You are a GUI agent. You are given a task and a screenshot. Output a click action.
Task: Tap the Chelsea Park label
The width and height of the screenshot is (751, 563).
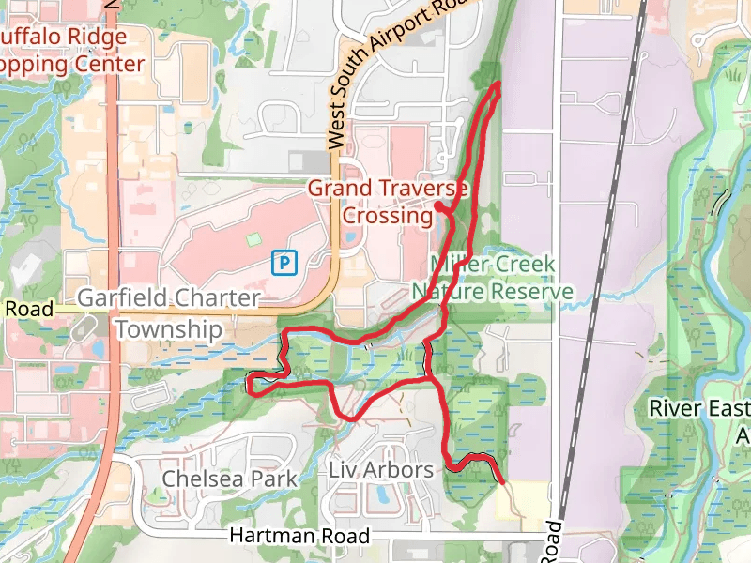click(229, 479)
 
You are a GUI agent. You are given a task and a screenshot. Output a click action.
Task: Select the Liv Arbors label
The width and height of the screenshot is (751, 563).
click(381, 469)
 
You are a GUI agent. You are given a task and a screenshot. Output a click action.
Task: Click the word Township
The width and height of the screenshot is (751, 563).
click(169, 329)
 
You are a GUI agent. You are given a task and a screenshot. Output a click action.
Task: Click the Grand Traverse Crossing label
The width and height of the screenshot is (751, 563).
click(388, 202)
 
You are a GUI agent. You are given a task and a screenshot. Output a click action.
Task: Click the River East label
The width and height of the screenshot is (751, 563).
click(699, 409)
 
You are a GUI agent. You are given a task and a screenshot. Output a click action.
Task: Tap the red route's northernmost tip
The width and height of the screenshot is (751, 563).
click(497, 84)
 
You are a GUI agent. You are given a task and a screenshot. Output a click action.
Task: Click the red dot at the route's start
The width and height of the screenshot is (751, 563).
click(438, 205)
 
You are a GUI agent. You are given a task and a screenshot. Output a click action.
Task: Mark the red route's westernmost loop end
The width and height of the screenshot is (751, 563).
click(249, 382)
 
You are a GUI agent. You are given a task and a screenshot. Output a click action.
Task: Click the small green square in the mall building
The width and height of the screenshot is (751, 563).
click(252, 239)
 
